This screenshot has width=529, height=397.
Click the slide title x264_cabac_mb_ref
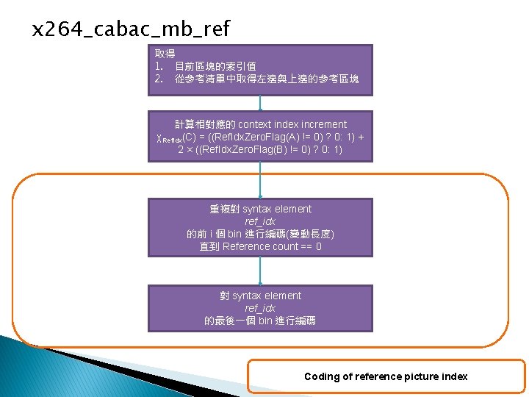(x=132, y=29)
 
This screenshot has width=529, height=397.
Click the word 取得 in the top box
(x=165, y=54)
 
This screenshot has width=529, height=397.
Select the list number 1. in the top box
(x=159, y=66)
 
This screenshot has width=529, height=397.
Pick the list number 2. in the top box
(x=159, y=79)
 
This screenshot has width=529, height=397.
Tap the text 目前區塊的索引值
(x=215, y=66)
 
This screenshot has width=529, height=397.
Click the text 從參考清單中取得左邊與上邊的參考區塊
(x=267, y=79)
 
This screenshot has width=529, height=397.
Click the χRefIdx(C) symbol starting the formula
(x=176, y=138)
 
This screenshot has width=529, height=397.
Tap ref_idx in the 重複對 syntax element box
(x=260, y=221)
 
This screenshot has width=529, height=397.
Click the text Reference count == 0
(x=272, y=246)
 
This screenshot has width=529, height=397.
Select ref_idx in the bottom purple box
(x=260, y=308)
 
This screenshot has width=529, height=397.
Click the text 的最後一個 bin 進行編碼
(x=260, y=321)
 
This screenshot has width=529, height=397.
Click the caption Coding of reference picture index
(x=386, y=376)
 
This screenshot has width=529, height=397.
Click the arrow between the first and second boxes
(x=260, y=103)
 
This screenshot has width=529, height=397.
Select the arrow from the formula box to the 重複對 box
(x=260, y=180)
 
